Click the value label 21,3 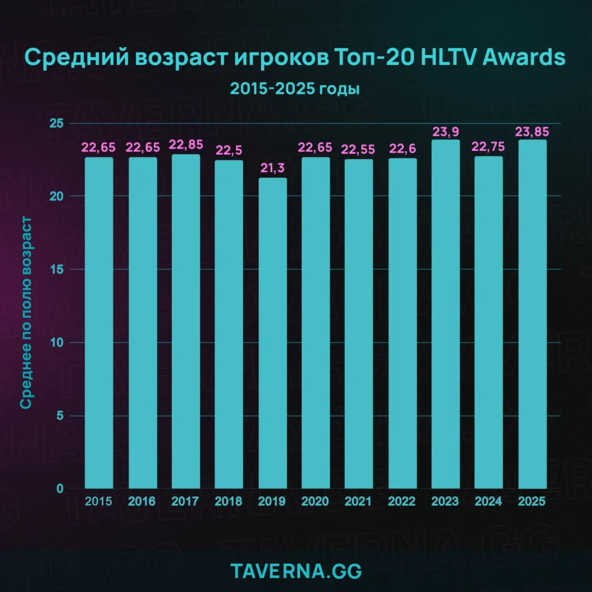(x=272, y=168)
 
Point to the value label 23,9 (x=446, y=131)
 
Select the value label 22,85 (x=186, y=145)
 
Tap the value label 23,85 (x=532, y=131)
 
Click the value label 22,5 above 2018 (x=229, y=150)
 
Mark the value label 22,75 (x=489, y=147)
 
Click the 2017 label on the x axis (x=186, y=501)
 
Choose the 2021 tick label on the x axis (x=359, y=501)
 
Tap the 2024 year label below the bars (x=489, y=501)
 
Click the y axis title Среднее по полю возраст (x=26, y=313)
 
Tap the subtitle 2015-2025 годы (x=295, y=89)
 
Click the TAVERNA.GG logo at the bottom (x=295, y=571)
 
